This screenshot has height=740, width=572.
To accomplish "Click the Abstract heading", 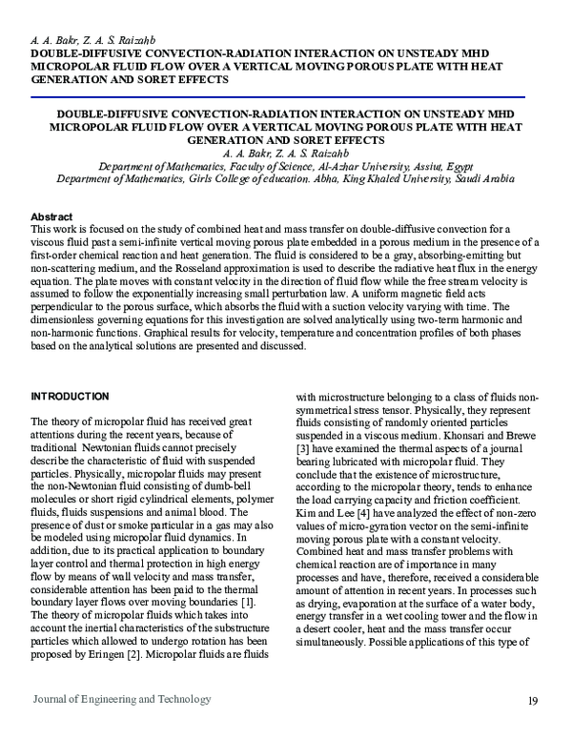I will [52, 217].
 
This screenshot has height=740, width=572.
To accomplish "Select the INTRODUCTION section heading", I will [71, 397].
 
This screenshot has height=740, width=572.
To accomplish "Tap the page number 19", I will [532, 702].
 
